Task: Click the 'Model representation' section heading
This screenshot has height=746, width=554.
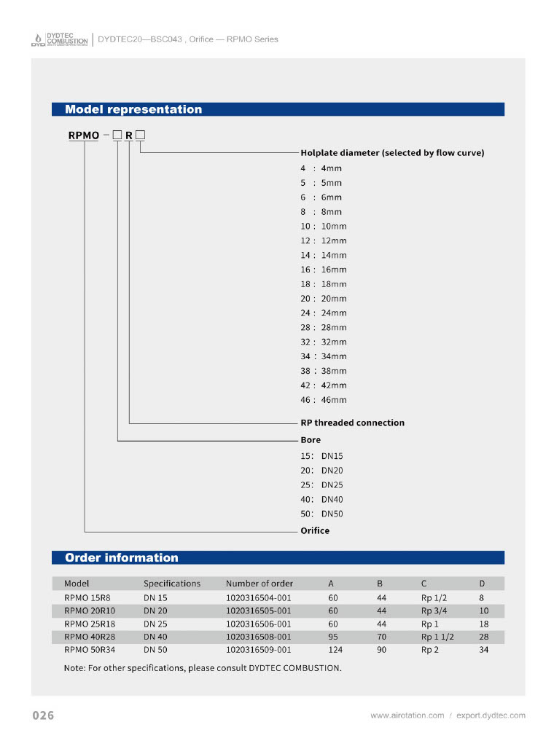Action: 133,110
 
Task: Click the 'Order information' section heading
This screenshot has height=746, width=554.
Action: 121,558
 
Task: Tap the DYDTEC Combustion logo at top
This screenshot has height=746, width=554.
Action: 59,39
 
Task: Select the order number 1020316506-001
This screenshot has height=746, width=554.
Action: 258,624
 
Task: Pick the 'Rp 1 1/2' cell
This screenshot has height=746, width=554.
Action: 437,637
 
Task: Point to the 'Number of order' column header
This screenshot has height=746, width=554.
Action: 260,584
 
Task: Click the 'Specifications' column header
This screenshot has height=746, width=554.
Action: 172,584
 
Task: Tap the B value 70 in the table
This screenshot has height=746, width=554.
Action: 381,637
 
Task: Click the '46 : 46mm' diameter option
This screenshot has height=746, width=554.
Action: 324,400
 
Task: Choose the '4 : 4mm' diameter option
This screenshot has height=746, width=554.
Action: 321,168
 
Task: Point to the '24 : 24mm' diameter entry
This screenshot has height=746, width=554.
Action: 324,313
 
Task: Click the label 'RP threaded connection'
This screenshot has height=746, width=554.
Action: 352,423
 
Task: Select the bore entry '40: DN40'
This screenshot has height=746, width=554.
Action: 321,500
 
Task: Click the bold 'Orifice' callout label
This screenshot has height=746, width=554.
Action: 315,531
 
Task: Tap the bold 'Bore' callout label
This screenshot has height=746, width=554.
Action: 311,440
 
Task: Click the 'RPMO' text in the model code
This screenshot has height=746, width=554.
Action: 84,136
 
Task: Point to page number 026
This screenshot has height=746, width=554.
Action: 43,716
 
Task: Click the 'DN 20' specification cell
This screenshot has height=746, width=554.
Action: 155,611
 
